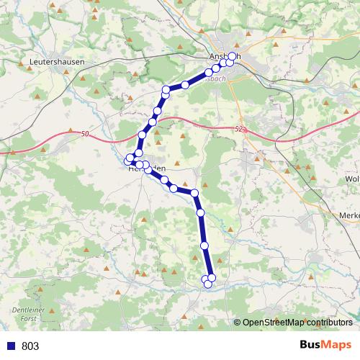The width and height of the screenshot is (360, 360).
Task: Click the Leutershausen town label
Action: pyautogui.click(x=57, y=63)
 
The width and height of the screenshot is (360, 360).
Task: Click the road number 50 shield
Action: pyautogui.click(x=85, y=133)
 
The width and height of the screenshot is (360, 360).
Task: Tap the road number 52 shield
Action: pyautogui.click(x=239, y=129)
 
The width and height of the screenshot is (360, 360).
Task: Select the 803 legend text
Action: pyautogui.click(x=30, y=346)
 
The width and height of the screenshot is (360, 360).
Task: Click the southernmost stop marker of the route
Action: pyautogui.click(x=208, y=284)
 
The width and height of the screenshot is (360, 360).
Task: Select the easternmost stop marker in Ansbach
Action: pyautogui.click(x=230, y=63)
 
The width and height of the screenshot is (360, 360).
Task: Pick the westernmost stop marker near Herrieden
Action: pyautogui.click(x=130, y=158)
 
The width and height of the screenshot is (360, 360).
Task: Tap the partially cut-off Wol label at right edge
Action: pyautogui.click(x=353, y=179)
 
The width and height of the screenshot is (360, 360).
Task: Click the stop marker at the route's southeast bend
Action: pyautogui.click(x=194, y=192)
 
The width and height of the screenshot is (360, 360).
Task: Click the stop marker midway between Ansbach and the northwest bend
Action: pyautogui.click(x=185, y=85)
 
